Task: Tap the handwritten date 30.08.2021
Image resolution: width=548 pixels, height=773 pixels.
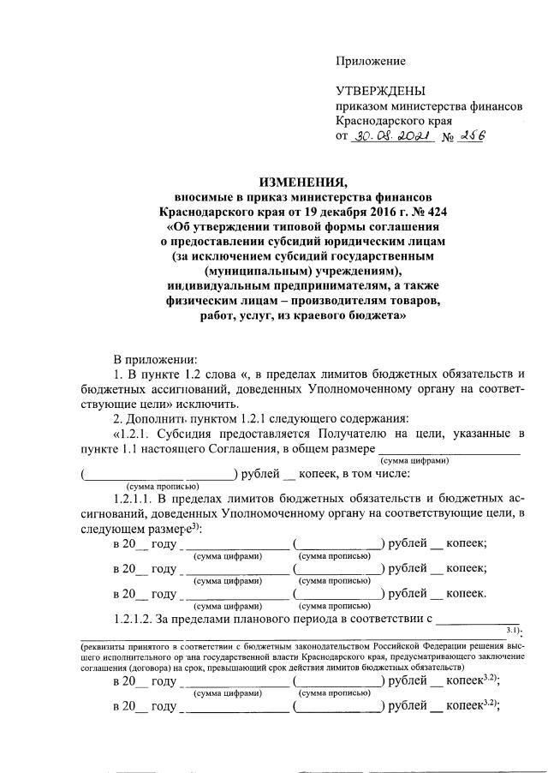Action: pyautogui.click(x=400, y=137)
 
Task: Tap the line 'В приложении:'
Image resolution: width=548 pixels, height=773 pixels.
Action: pyautogui.click(x=155, y=359)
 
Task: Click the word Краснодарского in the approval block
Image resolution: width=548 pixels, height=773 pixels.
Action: pyautogui.click(x=380, y=122)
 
